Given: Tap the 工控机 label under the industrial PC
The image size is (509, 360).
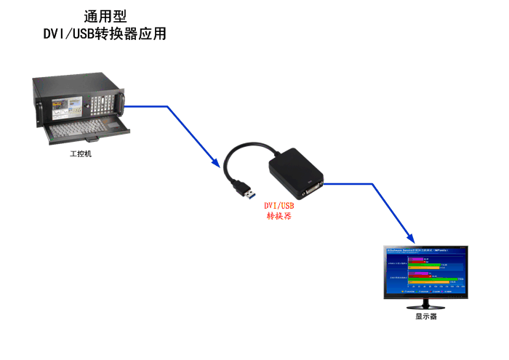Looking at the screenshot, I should (x=81, y=154).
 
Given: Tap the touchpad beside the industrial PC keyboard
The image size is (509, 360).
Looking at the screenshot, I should (x=115, y=125).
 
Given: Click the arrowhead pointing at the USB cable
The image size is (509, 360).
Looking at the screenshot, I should (x=217, y=164).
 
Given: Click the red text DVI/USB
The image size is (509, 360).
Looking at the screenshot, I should (x=279, y=206).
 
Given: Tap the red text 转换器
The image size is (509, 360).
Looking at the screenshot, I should (x=279, y=216).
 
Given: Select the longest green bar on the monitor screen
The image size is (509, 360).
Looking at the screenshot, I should (x=434, y=279).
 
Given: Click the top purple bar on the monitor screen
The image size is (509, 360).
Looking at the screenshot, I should (x=416, y=259).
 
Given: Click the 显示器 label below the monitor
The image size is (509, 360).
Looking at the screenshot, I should (x=426, y=317).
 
